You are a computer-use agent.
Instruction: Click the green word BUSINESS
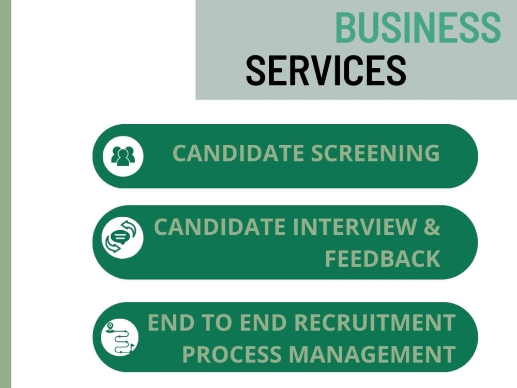click(418, 27)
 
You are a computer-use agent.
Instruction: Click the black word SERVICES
click(326, 70)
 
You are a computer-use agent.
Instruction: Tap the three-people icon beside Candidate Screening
click(123, 156)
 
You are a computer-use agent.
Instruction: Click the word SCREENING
click(375, 153)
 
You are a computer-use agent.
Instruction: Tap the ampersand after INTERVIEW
click(432, 227)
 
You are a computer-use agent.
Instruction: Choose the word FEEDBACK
click(383, 258)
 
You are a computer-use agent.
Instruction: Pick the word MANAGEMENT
click(372, 354)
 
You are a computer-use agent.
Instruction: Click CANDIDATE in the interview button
click(220, 227)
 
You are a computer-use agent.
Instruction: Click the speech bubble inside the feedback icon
click(120, 237)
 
